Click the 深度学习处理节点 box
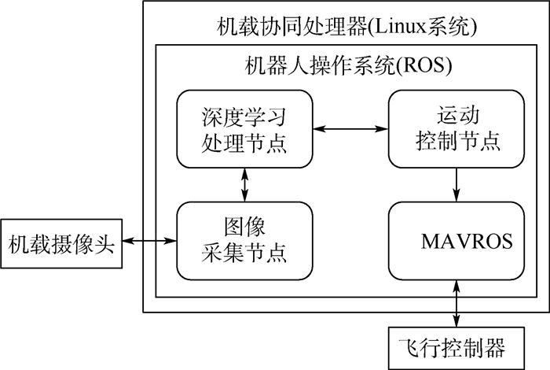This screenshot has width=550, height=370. click(244, 128)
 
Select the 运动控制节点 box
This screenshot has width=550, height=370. click(456, 128)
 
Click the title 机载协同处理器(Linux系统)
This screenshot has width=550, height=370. click(346, 28)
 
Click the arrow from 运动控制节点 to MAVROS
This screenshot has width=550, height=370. click(456, 183)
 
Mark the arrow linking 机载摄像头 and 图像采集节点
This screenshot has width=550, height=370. click(148, 241)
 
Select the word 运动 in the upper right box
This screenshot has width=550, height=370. click(456, 116)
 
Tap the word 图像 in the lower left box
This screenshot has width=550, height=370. click(243, 227)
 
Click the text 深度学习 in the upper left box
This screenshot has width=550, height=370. click(244, 116)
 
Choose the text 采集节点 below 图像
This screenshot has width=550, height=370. click(244, 253)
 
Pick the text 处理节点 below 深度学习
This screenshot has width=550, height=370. click(244, 144)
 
